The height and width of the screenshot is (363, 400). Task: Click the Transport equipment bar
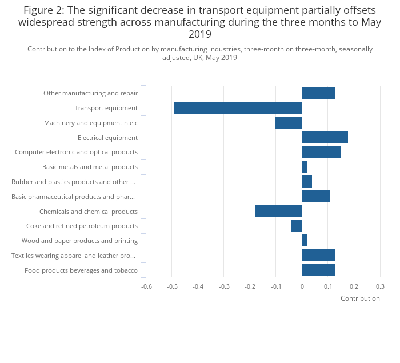click(x=238, y=108)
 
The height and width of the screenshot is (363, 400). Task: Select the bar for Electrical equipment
click(x=325, y=138)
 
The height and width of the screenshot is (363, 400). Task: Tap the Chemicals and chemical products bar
click(x=278, y=211)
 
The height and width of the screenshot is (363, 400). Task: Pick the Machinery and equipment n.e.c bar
click(x=289, y=123)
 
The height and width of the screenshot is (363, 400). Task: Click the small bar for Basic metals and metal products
click(x=305, y=167)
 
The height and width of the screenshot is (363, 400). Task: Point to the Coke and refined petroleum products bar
click(x=297, y=226)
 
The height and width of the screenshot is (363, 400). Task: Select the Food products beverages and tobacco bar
click(x=318, y=270)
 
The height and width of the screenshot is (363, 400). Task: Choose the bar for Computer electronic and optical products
click(x=321, y=152)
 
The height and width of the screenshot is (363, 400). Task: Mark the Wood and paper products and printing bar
click(x=305, y=241)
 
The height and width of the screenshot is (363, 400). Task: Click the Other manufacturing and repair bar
click(x=318, y=93)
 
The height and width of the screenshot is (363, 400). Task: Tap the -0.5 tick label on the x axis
click(x=172, y=286)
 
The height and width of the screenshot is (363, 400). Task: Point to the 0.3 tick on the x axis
click(x=380, y=286)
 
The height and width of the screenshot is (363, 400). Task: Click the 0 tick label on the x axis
click(x=302, y=286)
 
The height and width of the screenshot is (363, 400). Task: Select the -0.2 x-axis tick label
click(x=250, y=286)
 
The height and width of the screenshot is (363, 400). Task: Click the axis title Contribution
click(x=360, y=298)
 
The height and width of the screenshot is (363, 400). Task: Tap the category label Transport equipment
click(x=106, y=108)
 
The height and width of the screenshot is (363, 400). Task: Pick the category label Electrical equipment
click(x=107, y=138)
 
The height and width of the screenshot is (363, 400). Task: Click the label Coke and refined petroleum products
click(x=82, y=226)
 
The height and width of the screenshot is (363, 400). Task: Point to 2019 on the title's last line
click(x=200, y=35)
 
